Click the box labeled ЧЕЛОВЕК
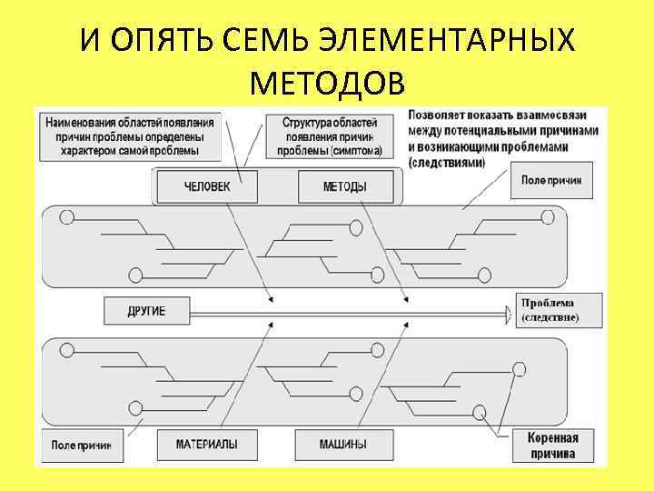point(207,187)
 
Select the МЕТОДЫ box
point(345,187)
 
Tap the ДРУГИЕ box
point(146,311)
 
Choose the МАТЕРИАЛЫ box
point(208,445)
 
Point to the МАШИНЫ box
point(343,445)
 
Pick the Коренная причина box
point(551,445)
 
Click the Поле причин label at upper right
point(550,180)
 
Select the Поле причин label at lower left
point(81,446)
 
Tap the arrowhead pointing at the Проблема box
point(508,312)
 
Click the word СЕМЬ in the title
point(270,41)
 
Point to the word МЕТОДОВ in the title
point(327,84)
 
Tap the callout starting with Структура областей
point(330,135)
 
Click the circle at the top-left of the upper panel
point(66,216)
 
